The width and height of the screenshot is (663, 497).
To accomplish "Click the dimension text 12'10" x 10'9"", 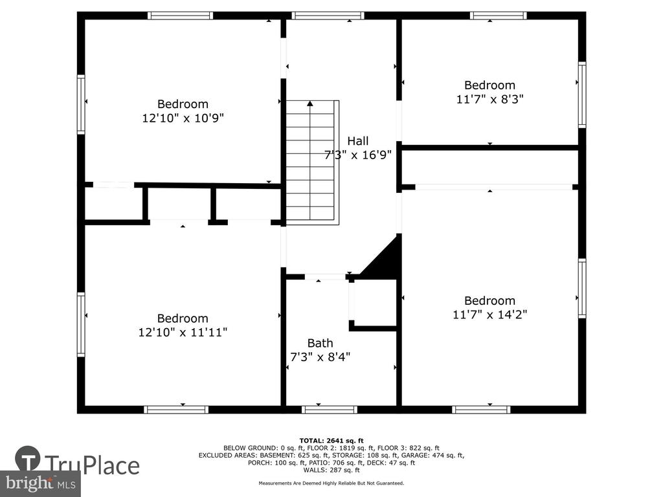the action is [183, 118].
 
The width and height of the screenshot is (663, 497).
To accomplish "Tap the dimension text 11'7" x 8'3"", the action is [489, 99].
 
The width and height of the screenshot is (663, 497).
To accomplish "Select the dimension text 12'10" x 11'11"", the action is [183, 332].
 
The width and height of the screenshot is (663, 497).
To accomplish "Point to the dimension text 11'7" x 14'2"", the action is [489, 315].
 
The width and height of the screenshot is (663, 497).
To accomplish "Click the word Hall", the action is [357, 141].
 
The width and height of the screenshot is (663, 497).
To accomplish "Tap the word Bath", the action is [320, 343].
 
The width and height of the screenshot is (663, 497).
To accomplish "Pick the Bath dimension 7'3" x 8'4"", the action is [320, 357].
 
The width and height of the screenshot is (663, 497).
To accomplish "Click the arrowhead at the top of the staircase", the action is [310, 104].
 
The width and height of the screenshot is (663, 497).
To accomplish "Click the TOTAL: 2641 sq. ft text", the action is [331, 441].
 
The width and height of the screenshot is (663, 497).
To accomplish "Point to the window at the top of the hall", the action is [328, 16].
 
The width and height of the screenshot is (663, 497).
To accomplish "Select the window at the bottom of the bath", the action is [330, 410].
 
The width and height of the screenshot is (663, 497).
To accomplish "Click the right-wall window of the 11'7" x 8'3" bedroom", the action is [582, 94].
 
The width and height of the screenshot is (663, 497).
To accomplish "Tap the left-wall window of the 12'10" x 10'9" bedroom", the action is [81, 104].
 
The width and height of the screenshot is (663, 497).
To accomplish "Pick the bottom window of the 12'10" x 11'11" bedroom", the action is [176, 410].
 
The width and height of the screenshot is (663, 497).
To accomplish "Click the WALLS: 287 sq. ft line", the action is [331, 470].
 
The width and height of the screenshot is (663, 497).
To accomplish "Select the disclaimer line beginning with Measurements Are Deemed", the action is [331, 483].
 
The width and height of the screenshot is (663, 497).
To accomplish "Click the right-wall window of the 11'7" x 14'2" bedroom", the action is [582, 289].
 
